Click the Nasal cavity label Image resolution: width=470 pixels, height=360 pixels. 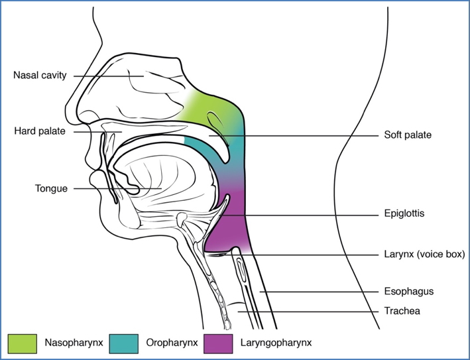click(40, 76)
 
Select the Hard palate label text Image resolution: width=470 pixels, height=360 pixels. click(39, 131)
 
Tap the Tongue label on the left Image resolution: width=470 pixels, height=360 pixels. click(51, 188)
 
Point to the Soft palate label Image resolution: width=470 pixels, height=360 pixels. click(408, 135)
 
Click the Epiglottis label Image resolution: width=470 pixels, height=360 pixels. click(404, 214)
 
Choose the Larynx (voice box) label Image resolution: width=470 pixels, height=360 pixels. click(424, 254)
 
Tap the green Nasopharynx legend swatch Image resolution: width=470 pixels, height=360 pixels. click(21, 343)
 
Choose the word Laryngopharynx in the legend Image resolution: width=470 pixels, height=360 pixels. click(277, 343)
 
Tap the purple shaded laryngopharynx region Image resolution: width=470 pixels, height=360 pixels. click(229, 232)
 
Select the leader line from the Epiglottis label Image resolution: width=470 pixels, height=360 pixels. click(298, 214)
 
